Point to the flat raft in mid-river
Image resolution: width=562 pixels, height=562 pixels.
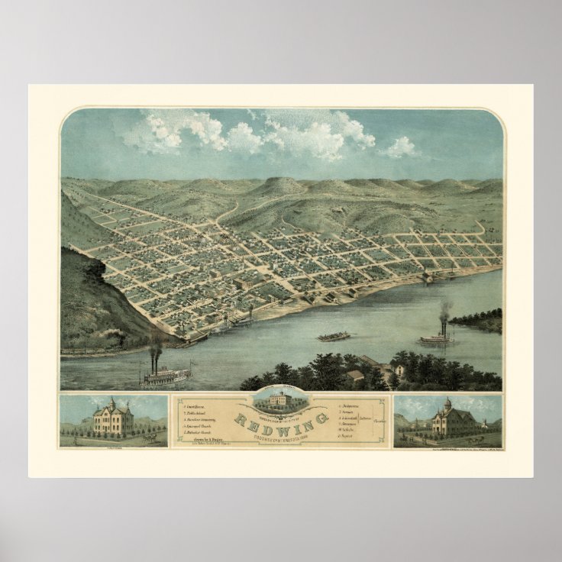(334, 335)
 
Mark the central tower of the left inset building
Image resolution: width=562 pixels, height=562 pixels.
(111, 407)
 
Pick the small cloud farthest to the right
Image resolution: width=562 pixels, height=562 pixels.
(401, 147)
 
